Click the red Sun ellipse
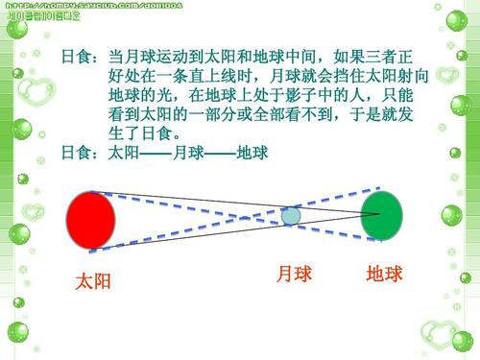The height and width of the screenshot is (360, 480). pos(93,220)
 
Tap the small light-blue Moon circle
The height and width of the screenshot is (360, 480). pos(292,216)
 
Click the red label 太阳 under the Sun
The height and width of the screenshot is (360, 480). pos(94,281)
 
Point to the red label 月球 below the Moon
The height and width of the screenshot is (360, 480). pos(294,276)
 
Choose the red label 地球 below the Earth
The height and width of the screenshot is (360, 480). pos(384,276)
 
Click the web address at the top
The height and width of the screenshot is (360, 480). pos(93,6)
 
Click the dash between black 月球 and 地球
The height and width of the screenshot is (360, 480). pos(219,154)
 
